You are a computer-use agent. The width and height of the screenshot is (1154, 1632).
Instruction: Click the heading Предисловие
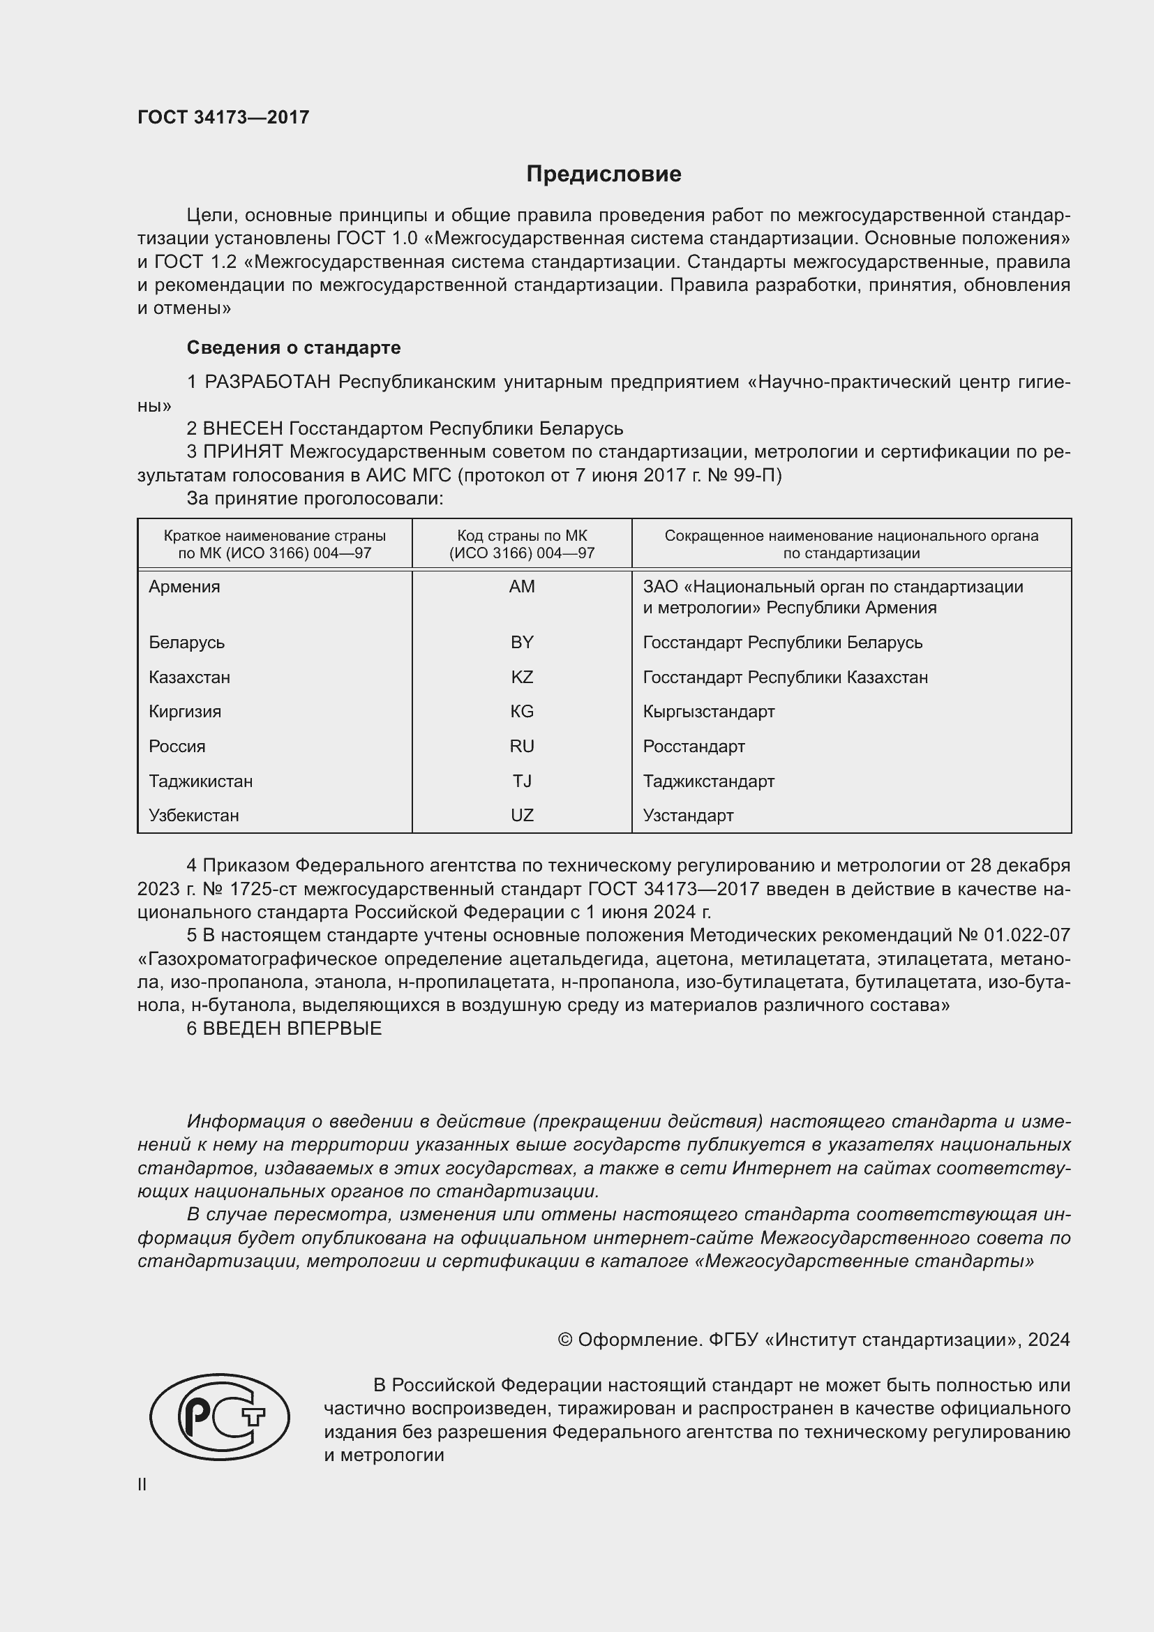coord(604,174)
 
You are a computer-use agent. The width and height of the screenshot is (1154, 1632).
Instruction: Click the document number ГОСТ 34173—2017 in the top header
coord(223,117)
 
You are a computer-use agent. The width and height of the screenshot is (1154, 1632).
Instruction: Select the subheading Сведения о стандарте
coord(294,347)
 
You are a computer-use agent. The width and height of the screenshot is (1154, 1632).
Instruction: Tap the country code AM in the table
coord(522,587)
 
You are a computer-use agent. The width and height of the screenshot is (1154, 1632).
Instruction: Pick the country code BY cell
coord(522,643)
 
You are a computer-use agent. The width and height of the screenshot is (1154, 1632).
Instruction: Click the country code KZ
coord(522,677)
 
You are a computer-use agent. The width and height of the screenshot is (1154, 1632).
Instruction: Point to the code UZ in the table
coord(522,815)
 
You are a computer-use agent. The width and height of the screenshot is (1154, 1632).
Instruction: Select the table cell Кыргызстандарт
coord(708,712)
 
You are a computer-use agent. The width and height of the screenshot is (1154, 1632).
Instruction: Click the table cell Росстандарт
coord(694,747)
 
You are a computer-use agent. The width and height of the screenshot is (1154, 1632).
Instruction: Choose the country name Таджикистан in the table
coord(200,781)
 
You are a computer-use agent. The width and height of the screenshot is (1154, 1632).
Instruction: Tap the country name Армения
coord(184,587)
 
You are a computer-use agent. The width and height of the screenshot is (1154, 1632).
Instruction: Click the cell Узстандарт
coord(688,815)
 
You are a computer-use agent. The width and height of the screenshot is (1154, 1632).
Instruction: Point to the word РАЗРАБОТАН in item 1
coord(267,382)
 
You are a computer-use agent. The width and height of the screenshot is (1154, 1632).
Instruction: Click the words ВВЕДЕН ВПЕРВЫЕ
coord(292,1028)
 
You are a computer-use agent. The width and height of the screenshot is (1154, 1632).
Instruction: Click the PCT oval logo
coord(220,1416)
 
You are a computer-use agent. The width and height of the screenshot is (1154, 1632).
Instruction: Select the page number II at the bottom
coord(142,1485)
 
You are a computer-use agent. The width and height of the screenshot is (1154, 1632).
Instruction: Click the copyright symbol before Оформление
coord(565,1340)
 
